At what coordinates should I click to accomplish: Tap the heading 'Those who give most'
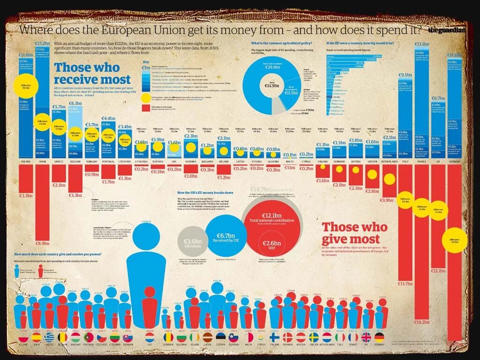pos(354,233)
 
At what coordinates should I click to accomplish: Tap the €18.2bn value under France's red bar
pos(420,322)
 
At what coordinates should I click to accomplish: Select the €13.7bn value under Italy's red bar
pos(405,284)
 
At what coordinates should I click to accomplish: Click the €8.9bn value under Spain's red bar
pos(42,243)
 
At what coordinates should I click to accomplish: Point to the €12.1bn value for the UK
pos(438,271)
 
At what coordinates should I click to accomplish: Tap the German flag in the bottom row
pos(379,337)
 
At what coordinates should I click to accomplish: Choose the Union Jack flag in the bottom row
pos(366,337)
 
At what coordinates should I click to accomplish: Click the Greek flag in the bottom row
pos(49,337)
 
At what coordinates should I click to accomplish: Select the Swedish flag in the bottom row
pos(314,337)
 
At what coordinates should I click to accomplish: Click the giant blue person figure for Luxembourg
pos(150,262)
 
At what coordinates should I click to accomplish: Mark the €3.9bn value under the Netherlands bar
pos(387,200)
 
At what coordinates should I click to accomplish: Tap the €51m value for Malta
pos(290,168)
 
